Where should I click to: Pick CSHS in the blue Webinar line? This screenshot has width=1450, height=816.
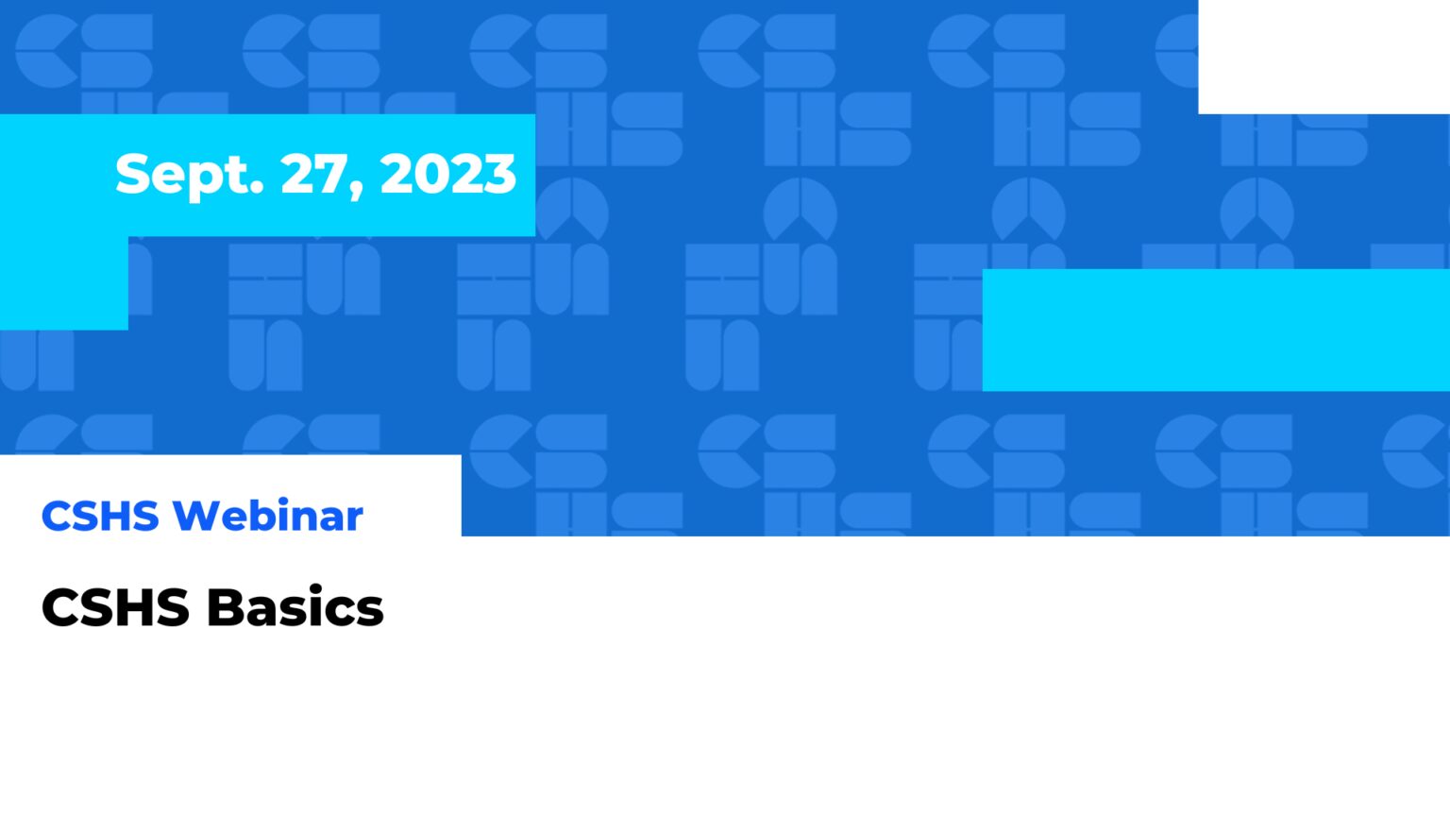(x=100, y=516)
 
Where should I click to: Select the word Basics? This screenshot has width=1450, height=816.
(x=295, y=607)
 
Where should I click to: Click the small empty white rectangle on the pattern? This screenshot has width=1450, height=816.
(x=1324, y=57)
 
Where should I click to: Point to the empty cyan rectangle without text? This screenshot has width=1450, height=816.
(x=1216, y=330)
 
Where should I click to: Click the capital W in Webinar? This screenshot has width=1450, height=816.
(x=196, y=516)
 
